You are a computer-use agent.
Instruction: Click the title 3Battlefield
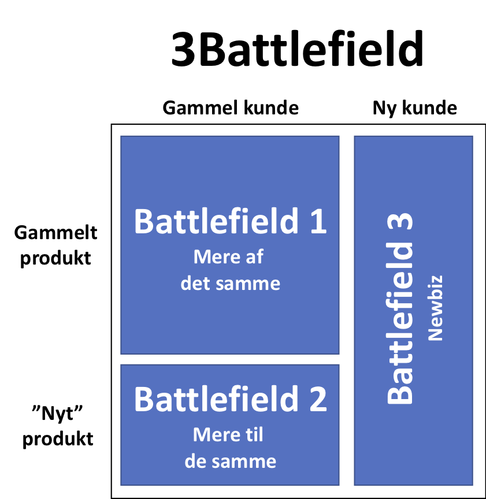tap(297, 49)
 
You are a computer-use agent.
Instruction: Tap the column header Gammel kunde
tap(231, 108)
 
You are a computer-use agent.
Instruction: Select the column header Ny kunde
tap(415, 109)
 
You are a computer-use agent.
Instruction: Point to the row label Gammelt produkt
tap(55, 245)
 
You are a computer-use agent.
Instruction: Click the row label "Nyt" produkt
tap(58, 426)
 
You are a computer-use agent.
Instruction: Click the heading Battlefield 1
tap(230, 221)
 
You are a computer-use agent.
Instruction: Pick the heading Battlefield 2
tap(230, 399)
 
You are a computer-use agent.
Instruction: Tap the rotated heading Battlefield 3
tap(399, 308)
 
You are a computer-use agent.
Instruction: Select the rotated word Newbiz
tap(435, 308)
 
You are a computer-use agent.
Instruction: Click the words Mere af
tap(228, 256)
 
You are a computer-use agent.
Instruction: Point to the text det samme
tap(230, 283)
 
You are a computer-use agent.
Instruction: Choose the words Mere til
tap(228, 434)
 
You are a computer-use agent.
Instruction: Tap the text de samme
tap(230, 461)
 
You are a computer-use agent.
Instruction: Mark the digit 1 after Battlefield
tap(318, 221)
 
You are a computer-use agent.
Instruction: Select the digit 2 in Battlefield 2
tap(318, 399)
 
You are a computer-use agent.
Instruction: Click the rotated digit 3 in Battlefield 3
tap(399, 222)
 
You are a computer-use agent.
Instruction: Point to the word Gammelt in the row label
tap(55, 233)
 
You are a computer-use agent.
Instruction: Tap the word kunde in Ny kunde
tap(429, 108)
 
